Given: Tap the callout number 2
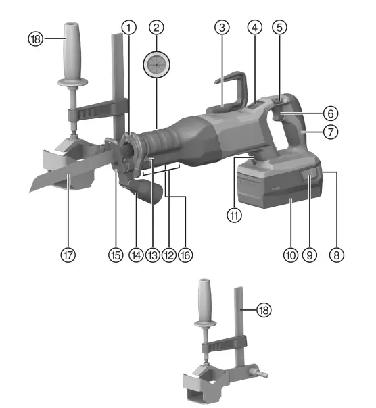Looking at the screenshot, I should point(157,28).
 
